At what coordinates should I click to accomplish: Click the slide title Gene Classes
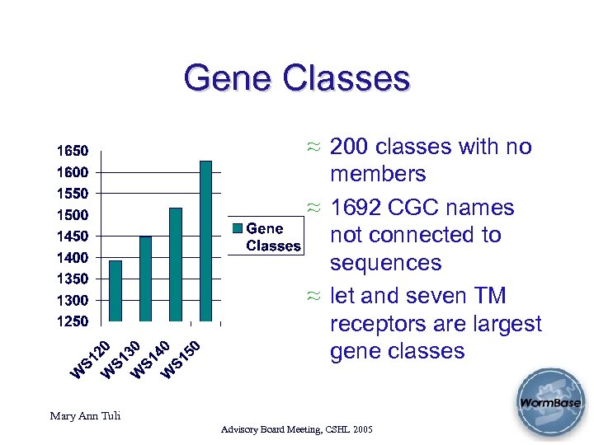pyautogui.click(x=297, y=79)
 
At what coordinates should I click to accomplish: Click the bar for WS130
pyautogui.click(x=146, y=279)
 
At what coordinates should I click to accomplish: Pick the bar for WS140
pyautogui.click(x=176, y=265)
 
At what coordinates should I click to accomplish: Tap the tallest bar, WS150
pyautogui.click(x=205, y=241)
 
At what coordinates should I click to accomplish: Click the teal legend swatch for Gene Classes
pyautogui.click(x=238, y=229)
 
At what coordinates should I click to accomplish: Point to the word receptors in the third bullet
pyautogui.click(x=384, y=324)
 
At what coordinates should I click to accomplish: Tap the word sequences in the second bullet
pyautogui.click(x=386, y=263)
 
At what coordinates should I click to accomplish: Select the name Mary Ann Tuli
pyautogui.click(x=84, y=415)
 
